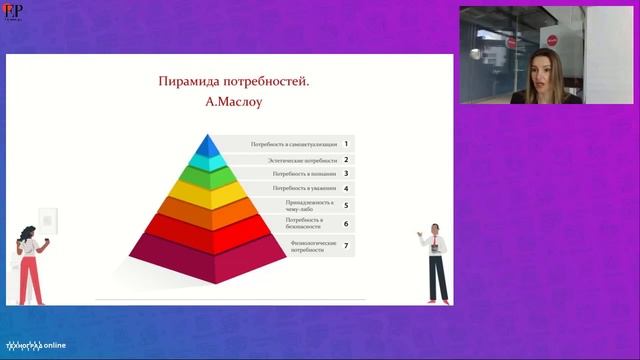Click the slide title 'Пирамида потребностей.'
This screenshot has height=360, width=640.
235,82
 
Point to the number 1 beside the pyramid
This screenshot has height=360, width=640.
346,145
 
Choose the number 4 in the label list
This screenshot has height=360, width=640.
346,188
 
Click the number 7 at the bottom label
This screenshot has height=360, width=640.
346,245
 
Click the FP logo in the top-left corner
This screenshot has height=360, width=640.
14,11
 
